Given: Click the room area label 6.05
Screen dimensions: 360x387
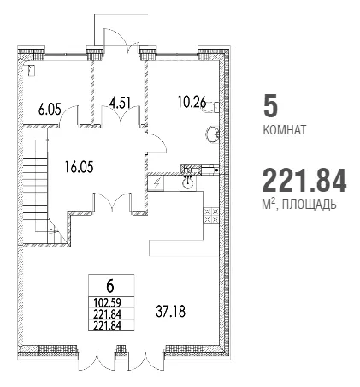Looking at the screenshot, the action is [50, 110].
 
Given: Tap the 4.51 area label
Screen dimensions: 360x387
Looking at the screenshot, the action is [120, 103].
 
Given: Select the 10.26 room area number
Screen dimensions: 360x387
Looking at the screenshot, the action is [192, 102].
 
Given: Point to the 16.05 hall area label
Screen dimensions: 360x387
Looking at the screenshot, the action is [79, 167].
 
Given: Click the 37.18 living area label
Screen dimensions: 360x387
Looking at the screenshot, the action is [170, 311].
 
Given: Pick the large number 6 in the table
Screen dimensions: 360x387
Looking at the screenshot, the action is [110, 287].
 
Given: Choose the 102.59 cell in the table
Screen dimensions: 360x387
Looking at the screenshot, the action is [108, 302].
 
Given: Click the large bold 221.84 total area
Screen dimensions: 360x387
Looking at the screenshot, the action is [304, 181].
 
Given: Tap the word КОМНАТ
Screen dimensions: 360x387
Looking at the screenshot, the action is [284, 130].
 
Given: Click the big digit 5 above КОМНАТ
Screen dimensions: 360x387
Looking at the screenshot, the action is [270, 106].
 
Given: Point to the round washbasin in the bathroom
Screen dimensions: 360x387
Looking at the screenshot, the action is [213, 134].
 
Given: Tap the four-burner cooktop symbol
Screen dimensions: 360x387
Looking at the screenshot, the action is [211, 215].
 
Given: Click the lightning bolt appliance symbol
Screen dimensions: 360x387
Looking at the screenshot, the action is [156, 183].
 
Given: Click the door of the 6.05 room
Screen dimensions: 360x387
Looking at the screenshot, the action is [68, 116].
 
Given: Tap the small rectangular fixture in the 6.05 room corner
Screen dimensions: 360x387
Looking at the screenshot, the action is [32, 71].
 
